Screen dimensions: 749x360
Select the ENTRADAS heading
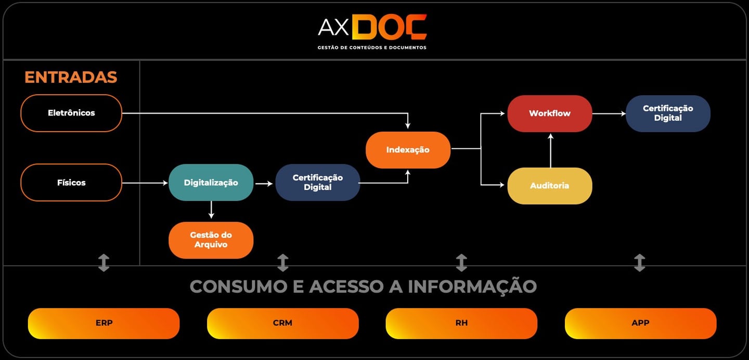[71, 77]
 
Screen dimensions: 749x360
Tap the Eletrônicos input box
[71, 113]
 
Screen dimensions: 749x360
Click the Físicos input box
[71, 183]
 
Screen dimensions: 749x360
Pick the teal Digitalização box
[211, 183]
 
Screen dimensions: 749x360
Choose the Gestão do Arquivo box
[211, 240]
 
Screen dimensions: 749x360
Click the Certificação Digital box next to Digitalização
[317, 183]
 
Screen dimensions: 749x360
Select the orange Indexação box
[408, 150]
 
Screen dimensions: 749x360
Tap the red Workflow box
[549, 113]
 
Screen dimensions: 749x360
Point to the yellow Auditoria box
[549, 186]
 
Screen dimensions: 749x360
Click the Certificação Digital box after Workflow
[668, 113]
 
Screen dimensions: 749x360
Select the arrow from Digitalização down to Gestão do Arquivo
[211, 210]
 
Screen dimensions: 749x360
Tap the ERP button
[104, 323]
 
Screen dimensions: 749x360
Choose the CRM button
[282, 323]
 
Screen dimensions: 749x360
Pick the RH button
[461, 323]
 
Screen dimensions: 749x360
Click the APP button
[640, 323]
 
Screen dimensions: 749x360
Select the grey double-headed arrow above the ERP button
[104, 263]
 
